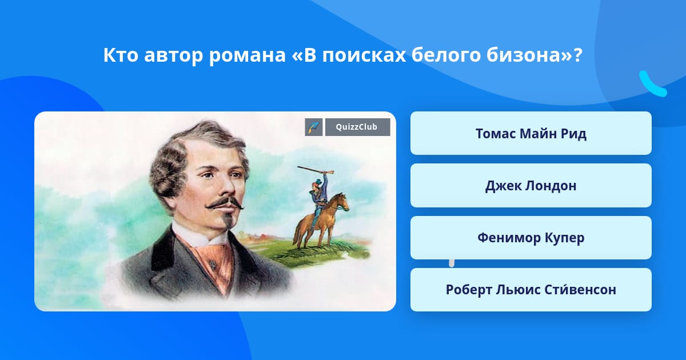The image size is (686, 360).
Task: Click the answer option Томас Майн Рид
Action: (531, 133)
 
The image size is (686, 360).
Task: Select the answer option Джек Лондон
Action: (531, 186)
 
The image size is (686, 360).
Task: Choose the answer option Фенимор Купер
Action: (531, 238)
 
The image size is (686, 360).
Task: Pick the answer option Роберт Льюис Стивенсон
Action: (531, 290)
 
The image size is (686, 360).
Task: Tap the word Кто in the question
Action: (121, 55)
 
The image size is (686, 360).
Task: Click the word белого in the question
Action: (445, 56)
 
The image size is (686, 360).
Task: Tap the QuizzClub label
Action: (357, 127)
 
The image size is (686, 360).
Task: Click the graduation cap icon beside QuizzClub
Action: (314, 127)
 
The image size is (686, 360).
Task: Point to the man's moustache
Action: (225, 203)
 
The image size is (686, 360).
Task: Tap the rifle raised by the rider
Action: (316, 170)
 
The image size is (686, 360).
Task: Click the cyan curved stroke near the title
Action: (653, 84)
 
